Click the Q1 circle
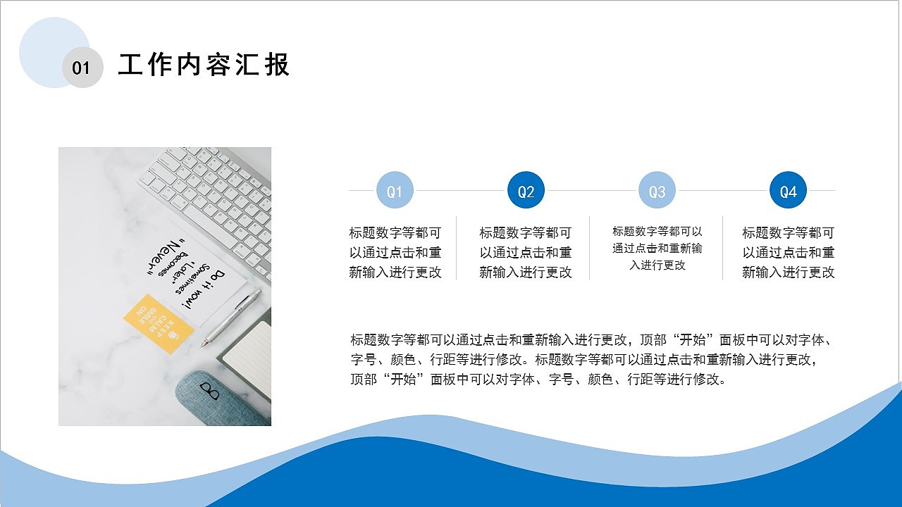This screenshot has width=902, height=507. [395, 191]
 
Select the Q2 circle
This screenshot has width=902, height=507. [526, 191]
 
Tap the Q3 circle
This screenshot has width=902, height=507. [657, 191]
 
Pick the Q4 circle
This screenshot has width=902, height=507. [788, 191]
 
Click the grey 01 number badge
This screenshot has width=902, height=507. [82, 68]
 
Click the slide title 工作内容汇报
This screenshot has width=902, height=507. [204, 65]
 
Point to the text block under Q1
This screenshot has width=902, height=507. [395, 252]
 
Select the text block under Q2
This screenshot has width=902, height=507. [526, 252]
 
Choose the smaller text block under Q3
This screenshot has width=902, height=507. [657, 248]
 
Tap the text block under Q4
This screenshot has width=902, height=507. [788, 252]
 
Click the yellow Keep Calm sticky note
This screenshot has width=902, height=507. [159, 323]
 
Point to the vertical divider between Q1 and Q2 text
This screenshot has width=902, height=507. [457, 248]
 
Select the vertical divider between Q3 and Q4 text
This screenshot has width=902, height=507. [722, 248]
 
